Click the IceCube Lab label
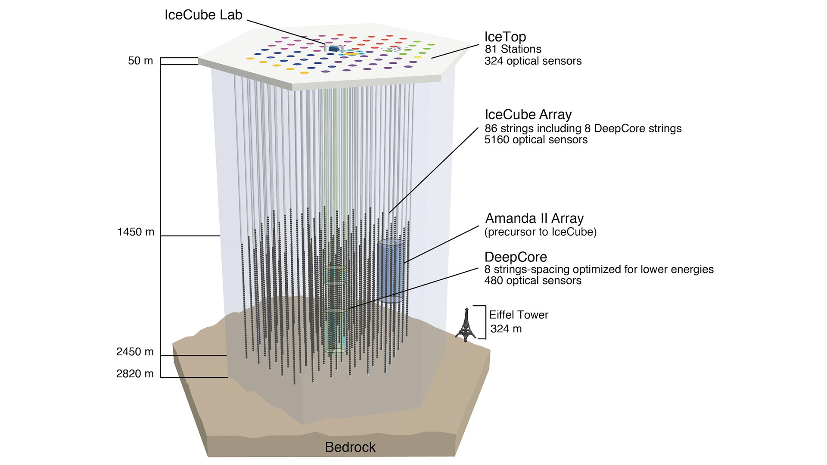(x=203, y=15)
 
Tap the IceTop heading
(x=505, y=37)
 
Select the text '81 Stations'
(x=513, y=49)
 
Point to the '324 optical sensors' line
(x=533, y=61)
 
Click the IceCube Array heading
(x=528, y=115)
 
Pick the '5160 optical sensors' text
(x=536, y=140)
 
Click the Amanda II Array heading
(x=534, y=219)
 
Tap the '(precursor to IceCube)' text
(x=540, y=232)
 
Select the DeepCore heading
(x=516, y=257)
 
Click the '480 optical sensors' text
(x=533, y=281)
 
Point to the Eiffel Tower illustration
(x=466, y=325)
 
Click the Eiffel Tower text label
(x=519, y=315)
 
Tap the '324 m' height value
(x=506, y=329)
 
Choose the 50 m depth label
(x=140, y=61)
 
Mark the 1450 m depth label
(x=136, y=232)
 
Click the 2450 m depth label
(x=135, y=352)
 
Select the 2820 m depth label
(x=135, y=374)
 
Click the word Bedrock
(x=350, y=447)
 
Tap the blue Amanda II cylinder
(x=391, y=271)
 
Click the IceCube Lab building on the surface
(x=333, y=49)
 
